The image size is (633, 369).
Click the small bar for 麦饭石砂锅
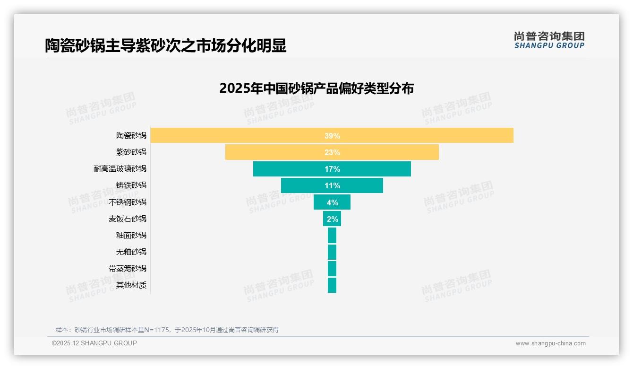click(x=332, y=219)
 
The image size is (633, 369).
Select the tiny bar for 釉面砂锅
click(x=332, y=235)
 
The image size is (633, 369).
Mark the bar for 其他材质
click(x=332, y=285)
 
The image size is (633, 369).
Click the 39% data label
click(x=332, y=136)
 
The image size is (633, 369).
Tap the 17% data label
click(x=332, y=169)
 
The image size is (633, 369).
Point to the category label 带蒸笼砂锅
click(x=128, y=268)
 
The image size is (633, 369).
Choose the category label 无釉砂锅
click(x=131, y=252)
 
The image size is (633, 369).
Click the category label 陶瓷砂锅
click(x=131, y=136)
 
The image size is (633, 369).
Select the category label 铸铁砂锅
click(x=131, y=185)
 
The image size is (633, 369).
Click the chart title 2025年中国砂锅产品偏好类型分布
click(x=316, y=88)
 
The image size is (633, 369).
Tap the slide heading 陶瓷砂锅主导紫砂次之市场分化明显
click(x=165, y=46)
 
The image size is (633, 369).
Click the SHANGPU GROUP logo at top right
click(x=549, y=40)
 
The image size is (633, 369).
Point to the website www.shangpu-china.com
click(x=550, y=343)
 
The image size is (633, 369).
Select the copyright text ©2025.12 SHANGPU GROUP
click(x=94, y=343)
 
